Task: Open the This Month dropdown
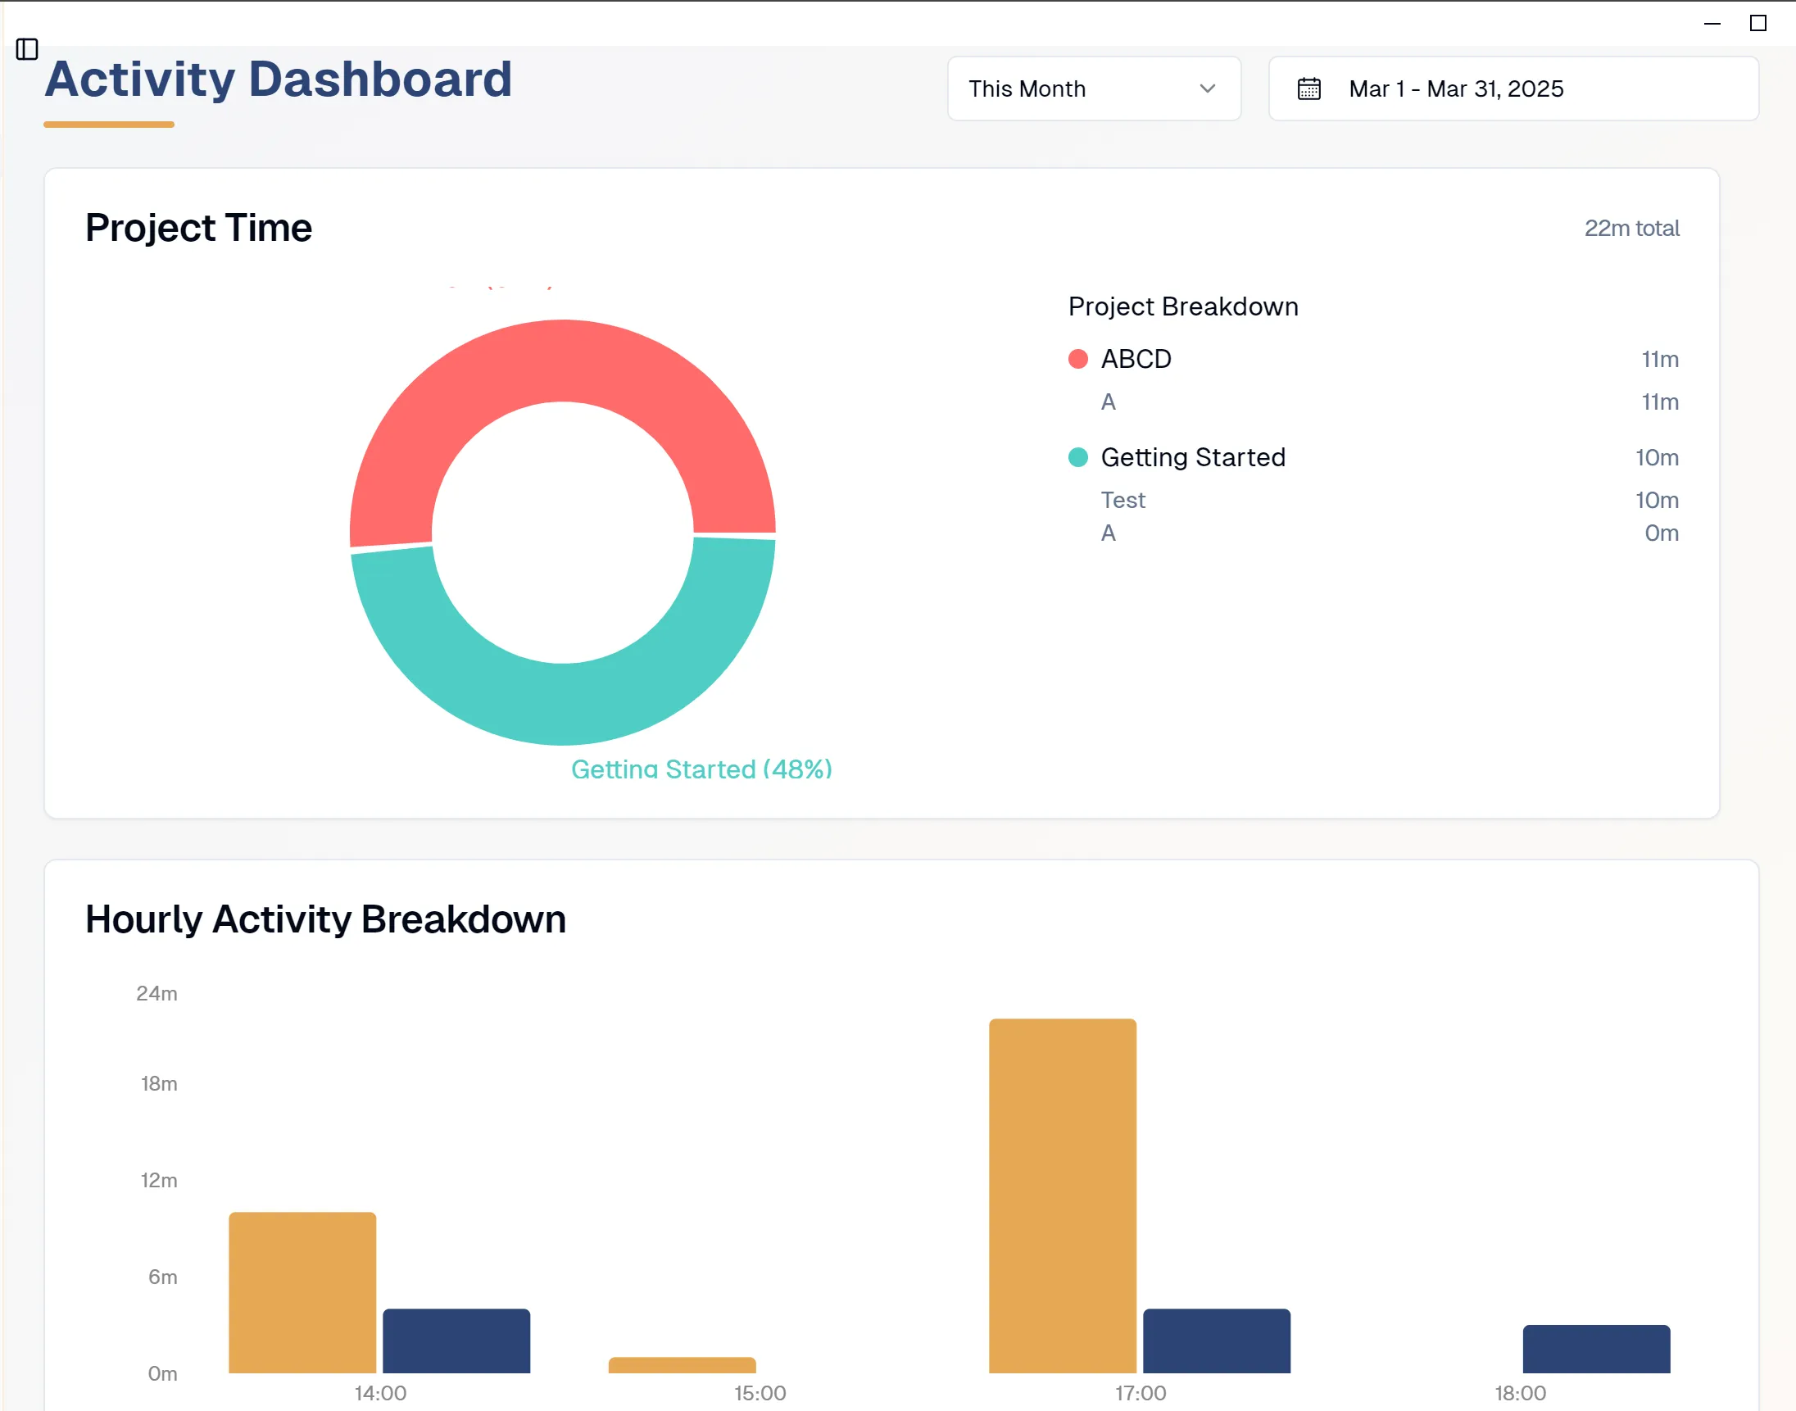point(1093,88)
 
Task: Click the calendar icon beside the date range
point(1308,88)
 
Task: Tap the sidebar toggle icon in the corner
point(27,49)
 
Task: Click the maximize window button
point(1758,23)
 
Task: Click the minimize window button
point(1712,23)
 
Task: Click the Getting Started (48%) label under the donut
point(701,769)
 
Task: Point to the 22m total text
point(1630,228)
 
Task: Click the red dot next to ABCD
point(1077,360)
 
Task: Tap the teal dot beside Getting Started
point(1077,458)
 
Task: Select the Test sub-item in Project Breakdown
point(1122,500)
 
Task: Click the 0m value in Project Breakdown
point(1661,533)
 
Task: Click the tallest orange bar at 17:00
point(1063,1195)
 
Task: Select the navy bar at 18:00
point(1596,1348)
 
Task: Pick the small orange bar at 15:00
point(682,1365)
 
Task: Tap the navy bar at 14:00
point(456,1340)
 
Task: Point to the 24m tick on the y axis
point(157,993)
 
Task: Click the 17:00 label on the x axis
point(1140,1393)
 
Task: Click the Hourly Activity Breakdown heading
point(325,919)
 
